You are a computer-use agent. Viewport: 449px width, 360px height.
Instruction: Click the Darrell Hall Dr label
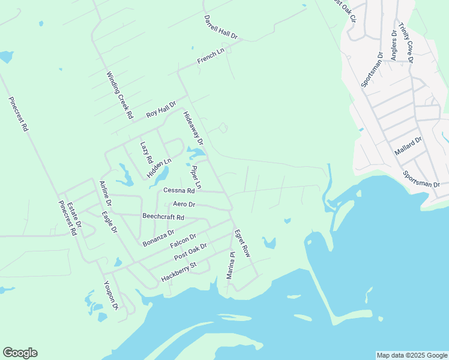pos(220,28)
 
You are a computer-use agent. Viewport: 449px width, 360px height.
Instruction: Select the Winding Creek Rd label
pos(119,95)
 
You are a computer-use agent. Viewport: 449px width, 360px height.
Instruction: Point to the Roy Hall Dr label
pos(161,110)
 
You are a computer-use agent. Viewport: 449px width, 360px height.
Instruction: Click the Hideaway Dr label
pos(193,128)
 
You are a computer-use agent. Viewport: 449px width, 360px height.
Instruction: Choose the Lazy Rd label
pos(145,153)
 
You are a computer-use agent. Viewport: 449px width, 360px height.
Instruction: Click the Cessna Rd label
pos(179,191)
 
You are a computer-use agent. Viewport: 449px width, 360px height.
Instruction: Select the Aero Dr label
pos(184,205)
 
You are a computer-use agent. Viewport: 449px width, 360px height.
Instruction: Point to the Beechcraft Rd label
pos(163,217)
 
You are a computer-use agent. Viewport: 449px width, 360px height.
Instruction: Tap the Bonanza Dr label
pos(158,238)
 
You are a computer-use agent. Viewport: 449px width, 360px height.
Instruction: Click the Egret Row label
pos(242,243)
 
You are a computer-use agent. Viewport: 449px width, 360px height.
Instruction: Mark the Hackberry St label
pos(179,272)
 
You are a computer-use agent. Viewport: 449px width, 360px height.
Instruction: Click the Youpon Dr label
pos(111,295)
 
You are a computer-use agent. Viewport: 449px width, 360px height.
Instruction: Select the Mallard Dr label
pos(409,146)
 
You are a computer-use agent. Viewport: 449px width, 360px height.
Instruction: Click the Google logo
pos(20,353)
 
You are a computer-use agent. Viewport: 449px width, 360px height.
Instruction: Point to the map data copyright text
pos(412,355)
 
